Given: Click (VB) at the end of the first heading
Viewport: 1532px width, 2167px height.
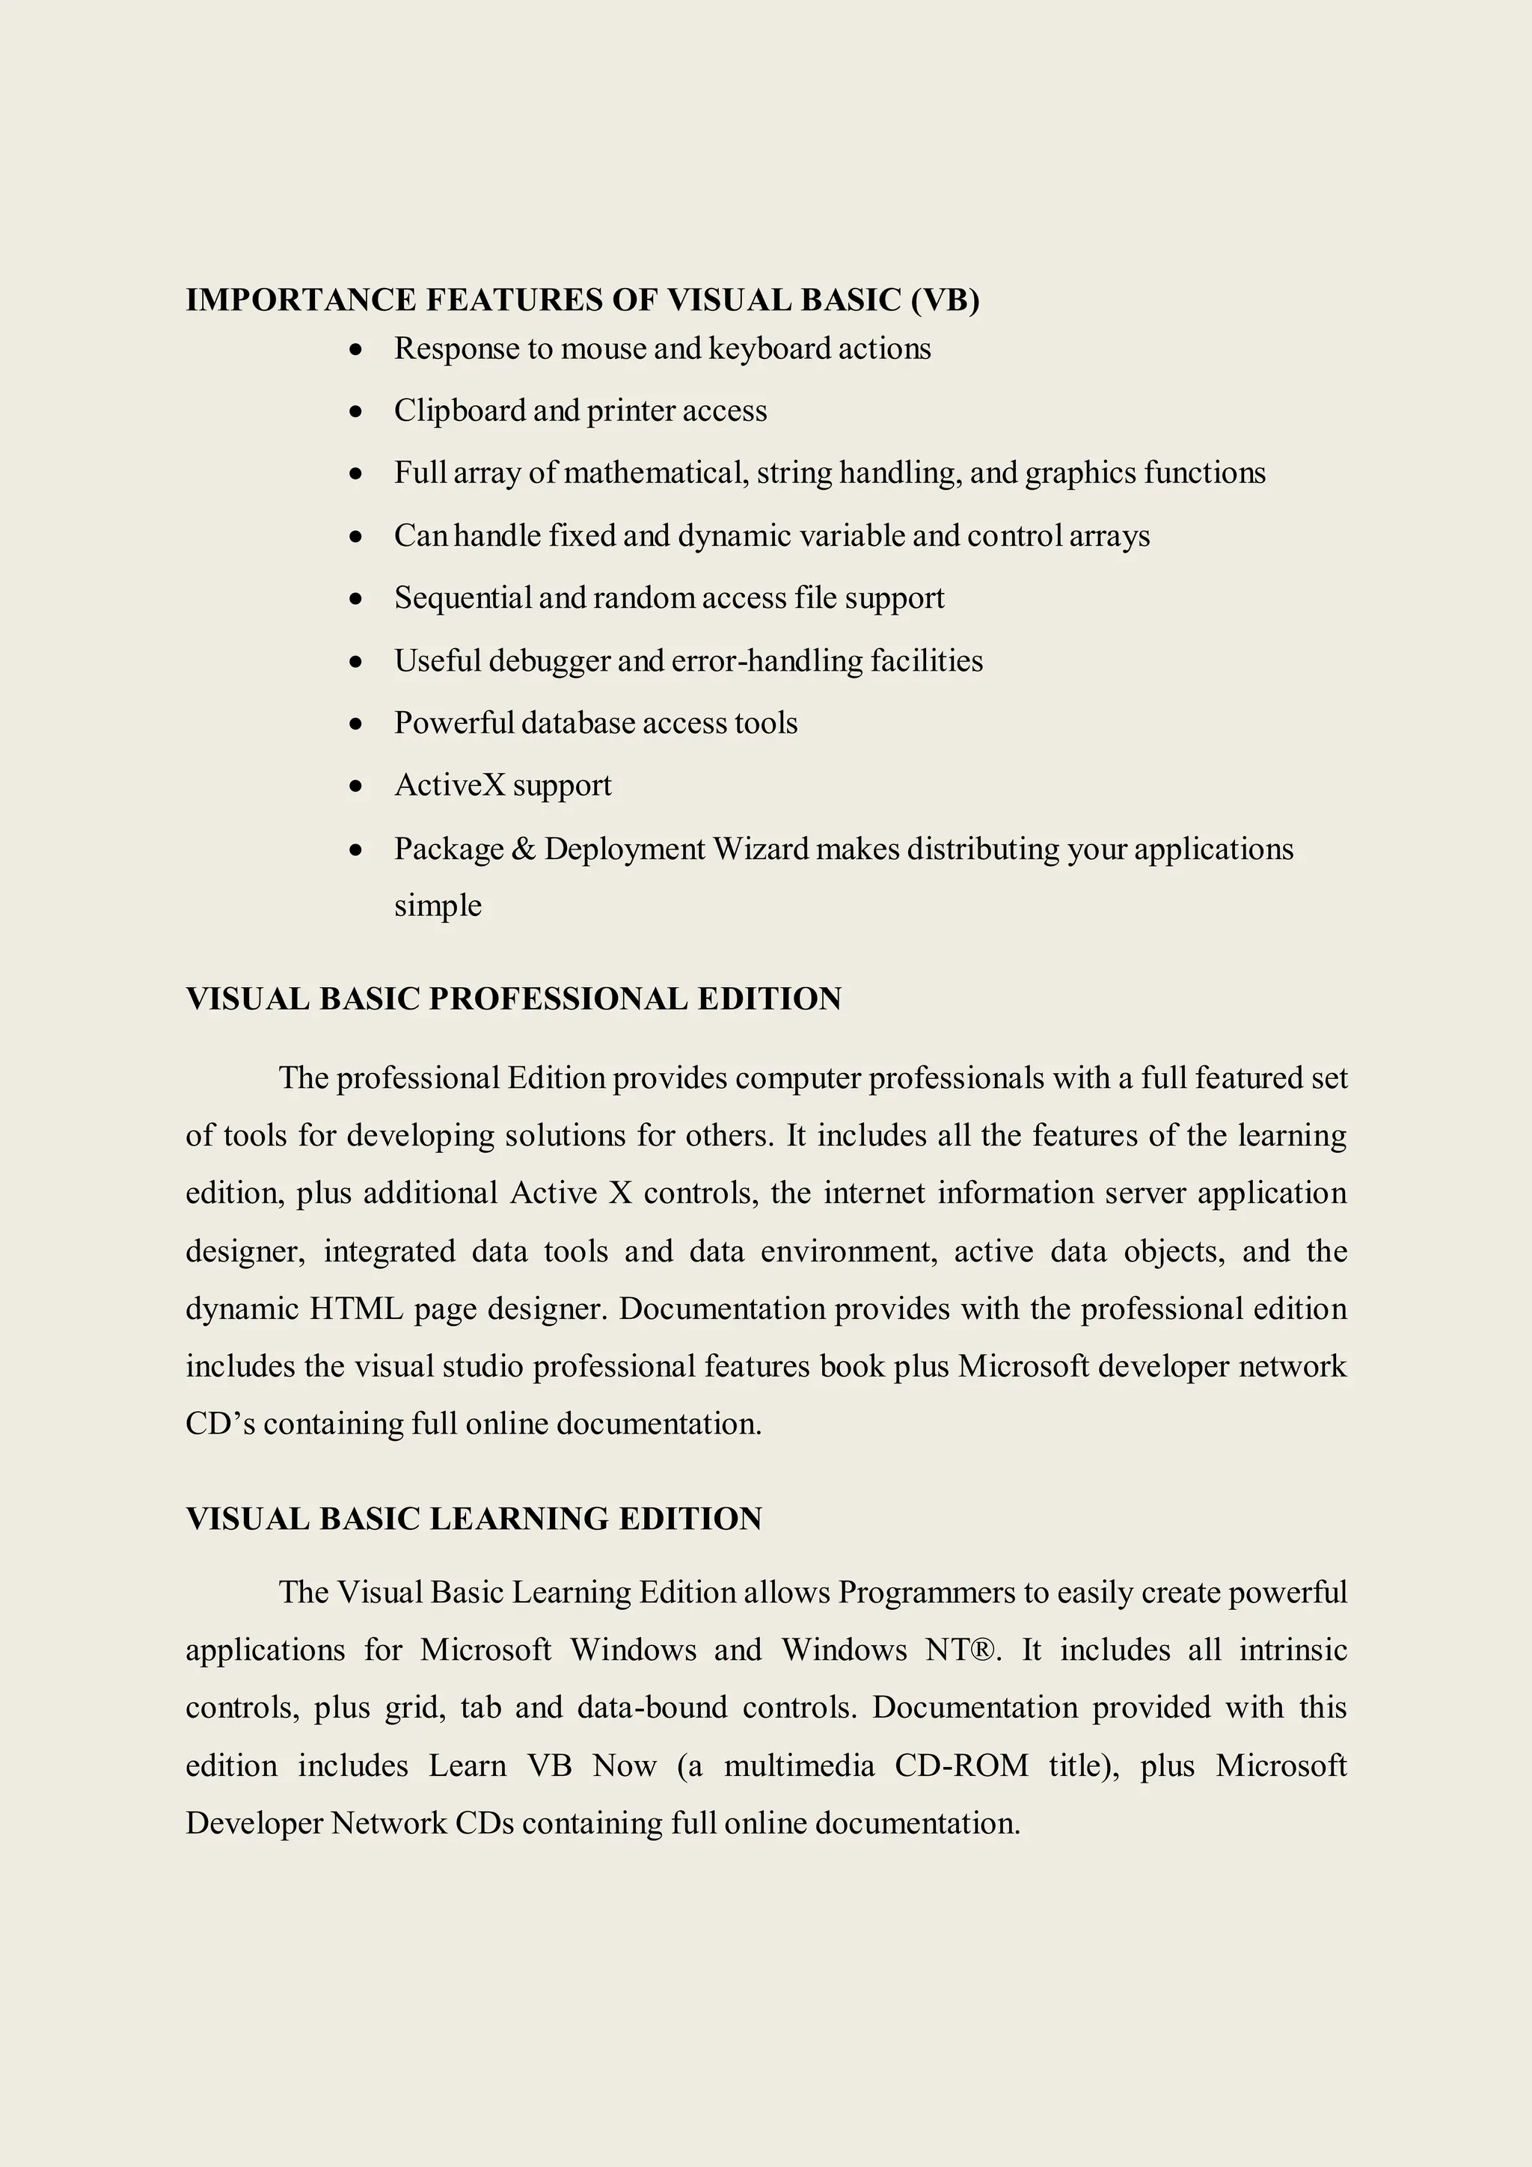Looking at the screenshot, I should (x=945, y=300).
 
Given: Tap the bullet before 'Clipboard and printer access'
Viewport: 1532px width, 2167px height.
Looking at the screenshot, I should (x=355, y=411).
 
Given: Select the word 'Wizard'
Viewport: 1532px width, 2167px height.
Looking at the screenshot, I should (x=761, y=849).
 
